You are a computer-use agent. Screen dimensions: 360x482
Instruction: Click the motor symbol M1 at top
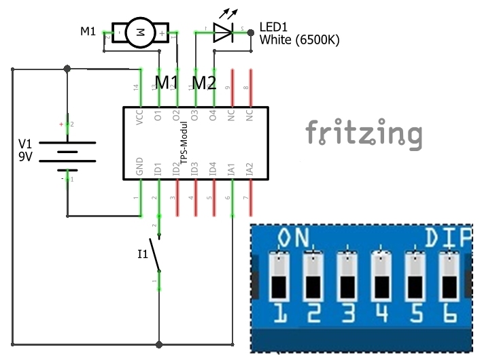141,31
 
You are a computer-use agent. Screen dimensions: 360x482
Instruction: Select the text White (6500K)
299,40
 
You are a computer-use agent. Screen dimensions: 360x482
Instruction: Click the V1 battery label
25,144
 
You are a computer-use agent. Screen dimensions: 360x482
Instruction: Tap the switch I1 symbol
158,259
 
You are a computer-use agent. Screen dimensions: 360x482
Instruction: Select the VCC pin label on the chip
140,116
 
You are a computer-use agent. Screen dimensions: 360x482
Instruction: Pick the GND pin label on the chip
140,167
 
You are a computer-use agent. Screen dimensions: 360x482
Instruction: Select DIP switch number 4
381,276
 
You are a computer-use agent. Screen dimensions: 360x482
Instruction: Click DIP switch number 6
448,276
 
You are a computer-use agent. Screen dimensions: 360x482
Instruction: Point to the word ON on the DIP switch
294,239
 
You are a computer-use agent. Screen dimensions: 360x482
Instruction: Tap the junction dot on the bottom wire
159,345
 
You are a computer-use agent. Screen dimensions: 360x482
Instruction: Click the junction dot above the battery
67,69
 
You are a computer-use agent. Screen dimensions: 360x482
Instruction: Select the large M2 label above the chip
203,83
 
